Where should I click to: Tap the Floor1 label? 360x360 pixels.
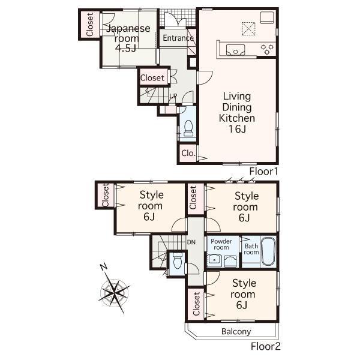tap(264, 172)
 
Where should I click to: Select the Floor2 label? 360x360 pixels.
tap(265, 346)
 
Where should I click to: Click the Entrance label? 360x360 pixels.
tap(178, 38)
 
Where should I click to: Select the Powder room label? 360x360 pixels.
tap(221, 244)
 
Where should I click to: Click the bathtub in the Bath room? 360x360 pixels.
tap(268, 253)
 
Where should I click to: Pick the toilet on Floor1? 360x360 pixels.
tap(188, 127)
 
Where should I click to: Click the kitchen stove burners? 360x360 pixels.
tap(267, 49)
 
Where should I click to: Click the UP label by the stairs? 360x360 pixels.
tap(173, 96)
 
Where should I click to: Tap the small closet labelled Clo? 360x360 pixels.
tap(188, 153)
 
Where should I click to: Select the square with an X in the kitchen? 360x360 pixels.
tap(248, 27)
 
